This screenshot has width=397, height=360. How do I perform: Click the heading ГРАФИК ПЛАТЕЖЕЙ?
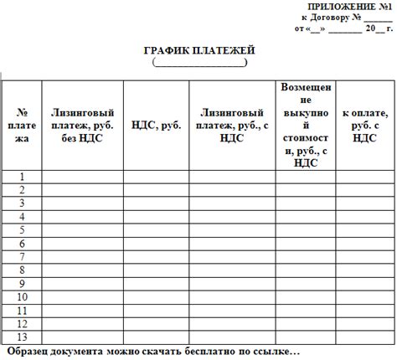coord(198,51)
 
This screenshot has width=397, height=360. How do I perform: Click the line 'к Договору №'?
coord(346,17)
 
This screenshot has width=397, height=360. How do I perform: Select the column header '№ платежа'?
coord(23,125)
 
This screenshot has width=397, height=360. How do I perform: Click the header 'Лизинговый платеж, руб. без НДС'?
coord(82,125)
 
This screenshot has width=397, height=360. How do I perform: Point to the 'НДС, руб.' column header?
coord(156,125)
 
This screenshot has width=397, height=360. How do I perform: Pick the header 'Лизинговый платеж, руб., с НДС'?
coord(232,125)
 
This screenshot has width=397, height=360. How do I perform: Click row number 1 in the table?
coord(23,176)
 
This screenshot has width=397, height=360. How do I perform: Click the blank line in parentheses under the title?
coord(198,63)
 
